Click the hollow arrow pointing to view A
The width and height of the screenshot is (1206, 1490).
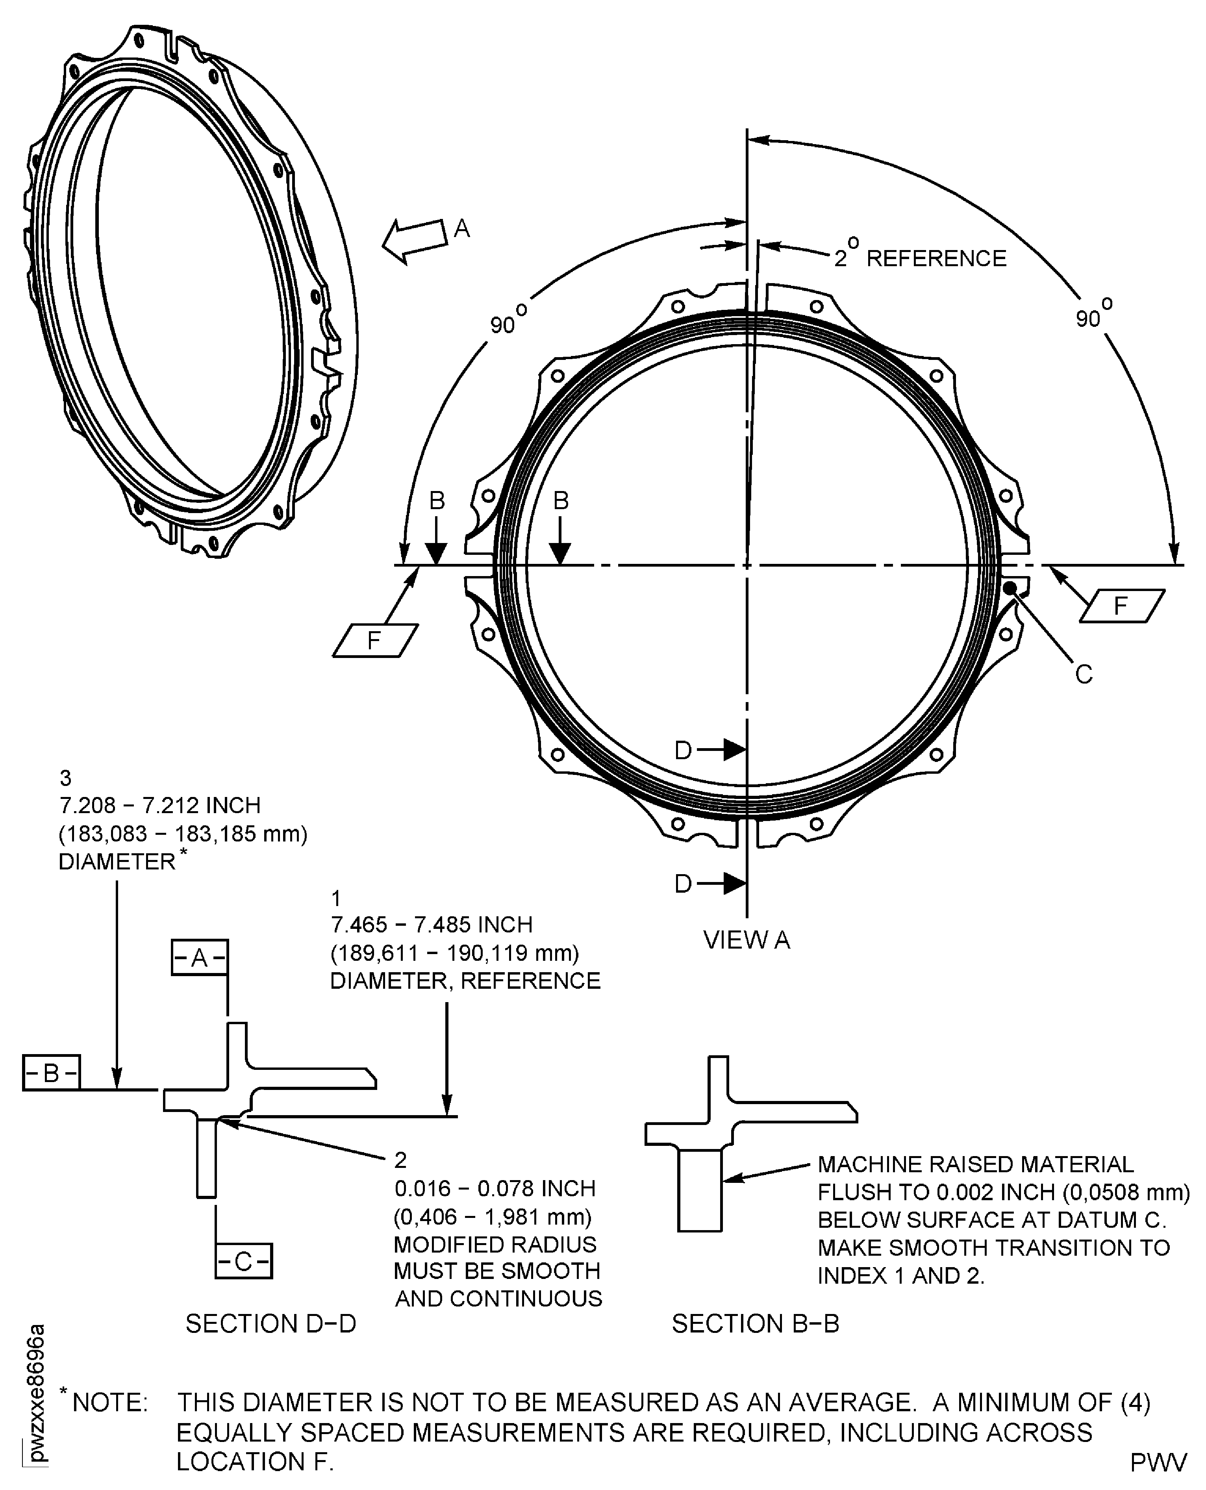pos(415,241)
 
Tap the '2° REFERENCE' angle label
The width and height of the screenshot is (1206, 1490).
pos(920,258)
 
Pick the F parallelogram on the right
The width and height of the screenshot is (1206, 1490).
pos(1121,606)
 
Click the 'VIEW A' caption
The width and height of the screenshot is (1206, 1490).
pos(746,940)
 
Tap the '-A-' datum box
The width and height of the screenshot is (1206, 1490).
pos(199,958)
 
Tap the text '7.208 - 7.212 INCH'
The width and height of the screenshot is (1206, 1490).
pos(160,806)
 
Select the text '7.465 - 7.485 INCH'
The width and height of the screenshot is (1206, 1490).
pos(432,925)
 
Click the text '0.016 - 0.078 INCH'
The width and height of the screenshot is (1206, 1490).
pos(495,1188)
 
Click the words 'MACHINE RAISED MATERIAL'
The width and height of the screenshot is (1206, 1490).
pos(974,1164)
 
